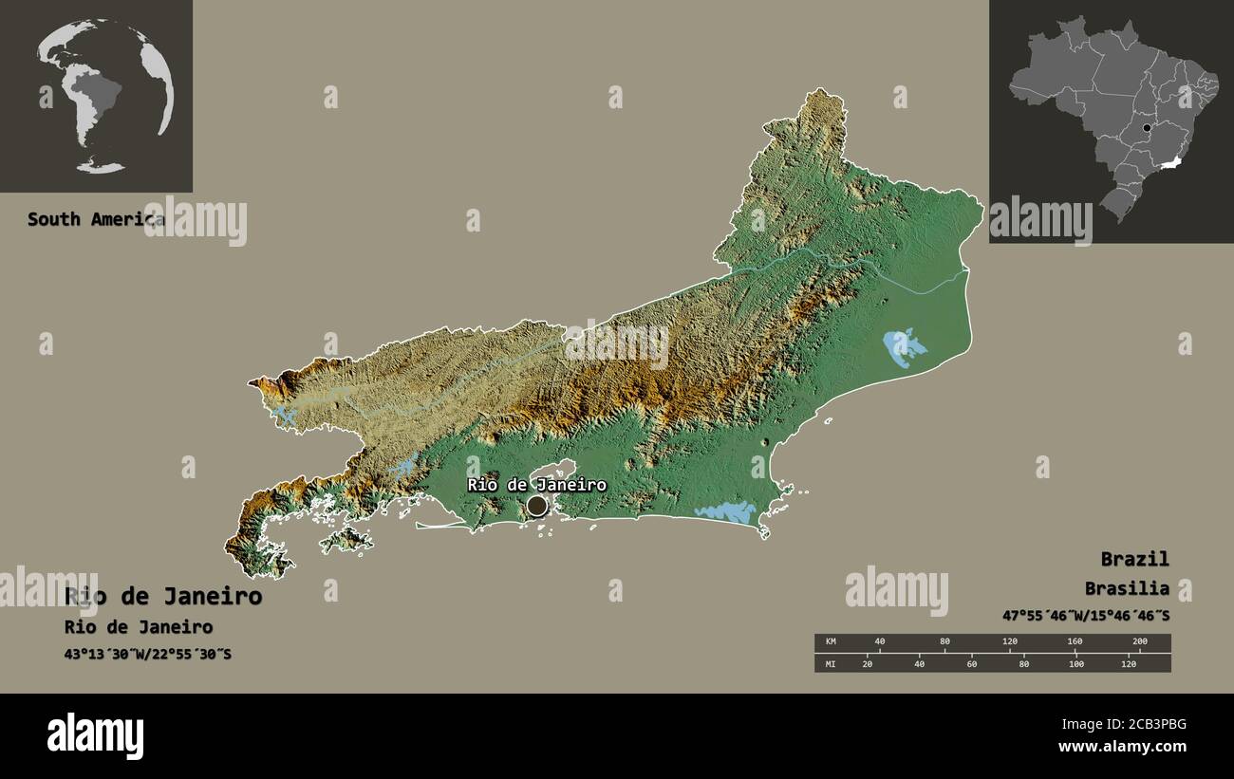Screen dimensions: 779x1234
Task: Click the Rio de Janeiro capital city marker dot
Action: point(537,506)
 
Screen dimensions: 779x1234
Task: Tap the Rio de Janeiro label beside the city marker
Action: point(536,485)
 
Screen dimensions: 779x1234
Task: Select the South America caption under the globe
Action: point(95,219)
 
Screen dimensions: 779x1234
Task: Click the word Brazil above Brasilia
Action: point(1134,558)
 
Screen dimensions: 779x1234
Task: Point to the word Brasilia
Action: point(1128,588)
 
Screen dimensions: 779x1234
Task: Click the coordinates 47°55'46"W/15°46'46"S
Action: point(1085,615)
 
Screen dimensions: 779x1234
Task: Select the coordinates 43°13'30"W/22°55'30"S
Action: point(148,654)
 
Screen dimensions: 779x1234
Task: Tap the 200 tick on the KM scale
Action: point(1140,642)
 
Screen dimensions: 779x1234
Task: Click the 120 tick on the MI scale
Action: point(1128,663)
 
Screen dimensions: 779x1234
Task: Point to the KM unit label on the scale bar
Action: point(831,642)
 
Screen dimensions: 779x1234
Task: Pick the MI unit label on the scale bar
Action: point(831,663)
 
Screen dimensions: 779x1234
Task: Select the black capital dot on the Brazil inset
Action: point(1147,127)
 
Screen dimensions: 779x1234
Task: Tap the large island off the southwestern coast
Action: point(346,541)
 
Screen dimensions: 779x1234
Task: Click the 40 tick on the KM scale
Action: point(880,642)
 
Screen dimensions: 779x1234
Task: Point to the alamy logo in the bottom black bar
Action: point(95,736)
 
